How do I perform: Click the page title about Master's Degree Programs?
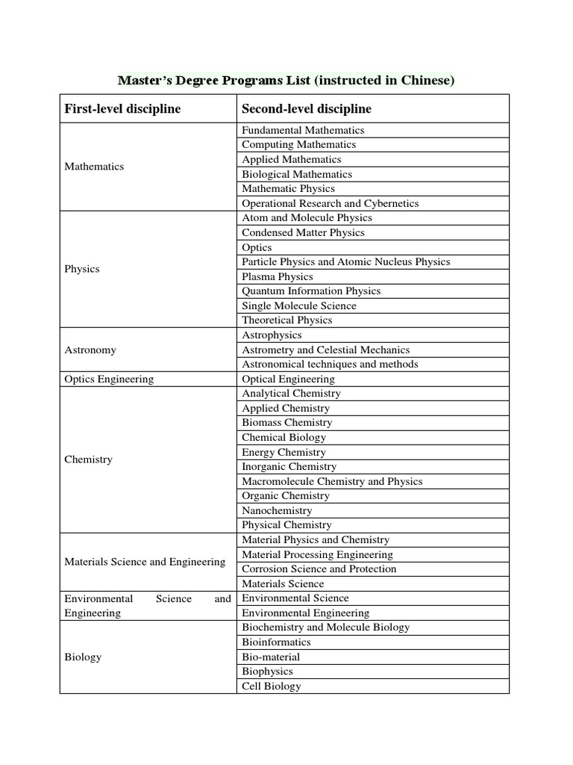click(286, 81)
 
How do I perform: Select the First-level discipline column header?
click(122, 109)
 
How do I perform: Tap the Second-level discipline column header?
click(307, 109)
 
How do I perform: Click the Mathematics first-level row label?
click(94, 167)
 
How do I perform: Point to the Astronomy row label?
click(90, 350)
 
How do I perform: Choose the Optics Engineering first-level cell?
click(109, 379)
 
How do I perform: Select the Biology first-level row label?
click(83, 657)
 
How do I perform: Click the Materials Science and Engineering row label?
click(145, 562)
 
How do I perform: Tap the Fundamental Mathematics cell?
click(303, 130)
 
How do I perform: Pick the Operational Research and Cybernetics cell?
click(331, 203)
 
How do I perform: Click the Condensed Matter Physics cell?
click(303, 232)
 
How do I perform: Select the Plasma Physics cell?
click(278, 276)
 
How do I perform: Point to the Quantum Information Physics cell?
click(311, 291)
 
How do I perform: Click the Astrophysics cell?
click(272, 335)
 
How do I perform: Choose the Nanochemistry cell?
click(277, 510)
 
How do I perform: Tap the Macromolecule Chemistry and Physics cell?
click(332, 481)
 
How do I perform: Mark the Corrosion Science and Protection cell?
click(319, 569)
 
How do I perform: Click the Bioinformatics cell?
click(276, 642)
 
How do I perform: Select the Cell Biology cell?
click(272, 686)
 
